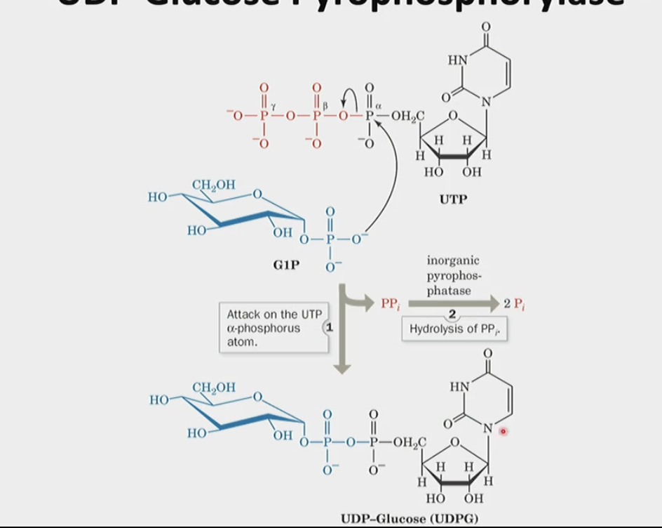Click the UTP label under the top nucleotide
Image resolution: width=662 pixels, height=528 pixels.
(x=453, y=199)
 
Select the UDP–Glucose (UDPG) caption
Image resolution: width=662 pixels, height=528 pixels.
(x=410, y=518)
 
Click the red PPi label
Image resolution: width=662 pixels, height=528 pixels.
(x=389, y=304)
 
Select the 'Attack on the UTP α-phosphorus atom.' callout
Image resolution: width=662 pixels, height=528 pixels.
(x=269, y=328)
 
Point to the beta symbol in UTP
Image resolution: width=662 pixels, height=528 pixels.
(x=325, y=104)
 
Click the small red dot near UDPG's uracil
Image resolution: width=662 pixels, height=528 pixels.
(x=503, y=432)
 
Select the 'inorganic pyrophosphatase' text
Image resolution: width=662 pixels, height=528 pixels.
(x=453, y=275)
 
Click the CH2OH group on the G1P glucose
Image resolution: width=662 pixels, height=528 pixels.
(x=213, y=185)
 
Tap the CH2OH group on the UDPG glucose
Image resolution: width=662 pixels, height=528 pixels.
(x=213, y=388)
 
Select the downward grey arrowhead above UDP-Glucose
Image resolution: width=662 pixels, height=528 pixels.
(x=342, y=365)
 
